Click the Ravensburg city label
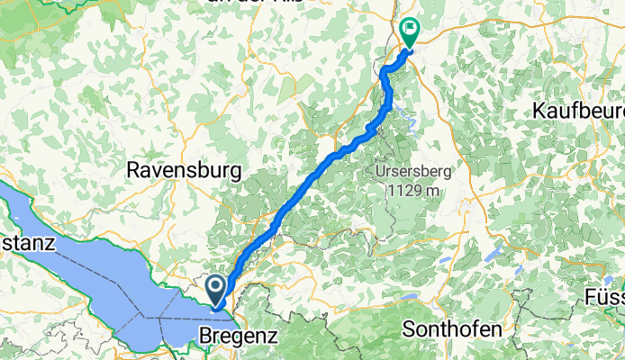coord(185,169)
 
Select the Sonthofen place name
coord(450,328)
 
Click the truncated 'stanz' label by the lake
coord(28,244)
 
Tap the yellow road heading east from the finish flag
coord(450,45)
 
